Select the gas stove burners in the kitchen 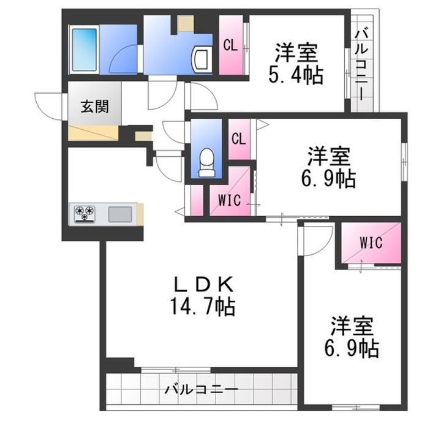pyautogui.click(x=85, y=214)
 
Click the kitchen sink pyautogui.click(x=119, y=214)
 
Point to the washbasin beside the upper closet pyautogui.click(x=200, y=59)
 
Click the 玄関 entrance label pyautogui.click(x=94, y=107)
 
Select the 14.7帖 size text pyautogui.click(x=203, y=306)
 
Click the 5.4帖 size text pyautogui.click(x=295, y=76)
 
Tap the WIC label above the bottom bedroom pyautogui.click(x=371, y=242)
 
